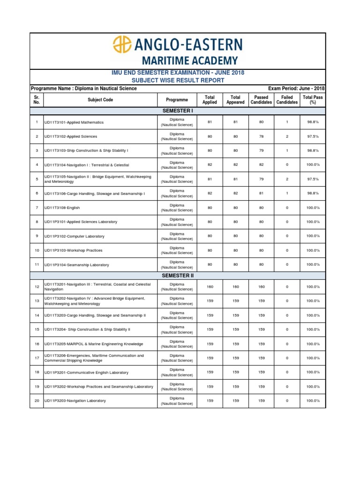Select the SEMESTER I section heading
pos(177,111)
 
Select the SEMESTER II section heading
pos(177,276)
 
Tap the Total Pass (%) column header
pos(313,100)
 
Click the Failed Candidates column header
pos(286,100)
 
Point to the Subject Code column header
pos(100,100)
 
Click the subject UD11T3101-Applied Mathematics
pos(74,122)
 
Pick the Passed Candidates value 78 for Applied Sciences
pos(261,136)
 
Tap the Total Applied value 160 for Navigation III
pos(210,287)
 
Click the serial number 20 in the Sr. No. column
pos(36,401)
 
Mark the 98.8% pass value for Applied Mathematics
pos(313,122)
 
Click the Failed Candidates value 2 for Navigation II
pos(286,179)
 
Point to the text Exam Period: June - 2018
pos(296,89)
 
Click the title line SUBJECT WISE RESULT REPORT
pos(177,80)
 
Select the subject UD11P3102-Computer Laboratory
pos(74,236)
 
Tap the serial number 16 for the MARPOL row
pos(36,344)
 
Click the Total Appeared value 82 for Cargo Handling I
pos(235,193)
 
